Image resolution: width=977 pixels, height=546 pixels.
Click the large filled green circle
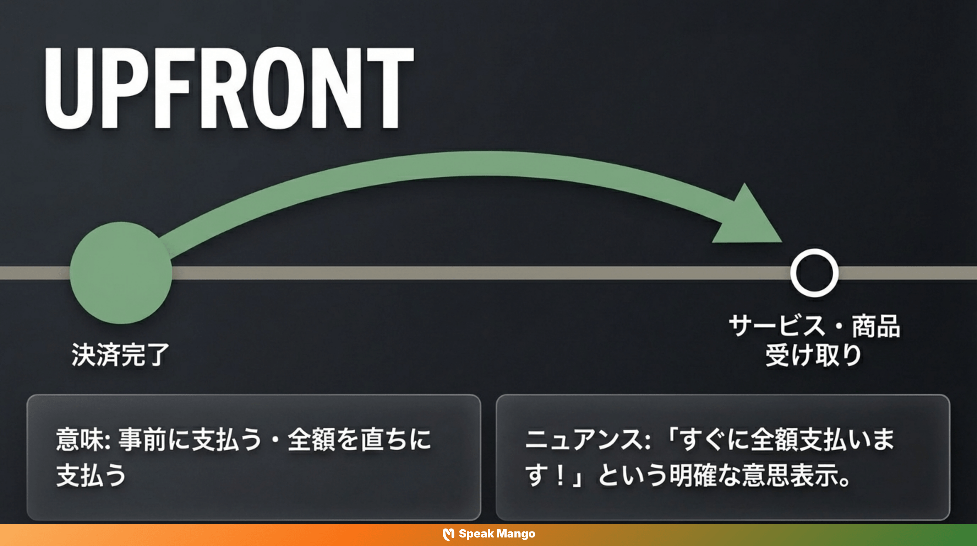coord(121,273)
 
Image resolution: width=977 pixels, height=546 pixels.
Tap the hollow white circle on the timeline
coord(814,273)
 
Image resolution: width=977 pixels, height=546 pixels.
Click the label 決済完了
coord(120,355)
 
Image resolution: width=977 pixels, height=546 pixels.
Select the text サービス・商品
coord(814,326)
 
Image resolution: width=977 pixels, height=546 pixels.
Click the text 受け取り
coord(814,355)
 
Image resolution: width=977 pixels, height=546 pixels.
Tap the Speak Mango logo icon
coord(448,534)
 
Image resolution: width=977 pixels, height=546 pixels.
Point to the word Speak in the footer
coord(476,534)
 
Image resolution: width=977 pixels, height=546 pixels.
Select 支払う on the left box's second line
coord(91,475)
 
